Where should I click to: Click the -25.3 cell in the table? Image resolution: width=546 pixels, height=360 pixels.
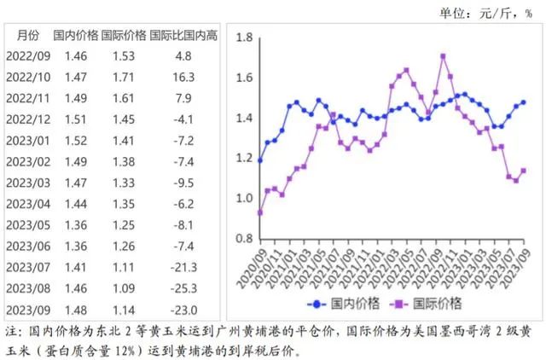(x=183, y=289)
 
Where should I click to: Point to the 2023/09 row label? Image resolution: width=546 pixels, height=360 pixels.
(x=28, y=310)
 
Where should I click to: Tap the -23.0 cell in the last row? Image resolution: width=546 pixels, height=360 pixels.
(x=183, y=310)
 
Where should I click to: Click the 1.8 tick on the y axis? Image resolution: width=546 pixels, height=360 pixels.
(x=243, y=38)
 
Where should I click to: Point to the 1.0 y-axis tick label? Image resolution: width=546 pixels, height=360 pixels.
(x=243, y=198)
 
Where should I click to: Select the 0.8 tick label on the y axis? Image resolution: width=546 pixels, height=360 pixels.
(x=243, y=238)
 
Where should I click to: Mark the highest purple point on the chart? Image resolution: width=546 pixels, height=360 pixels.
(x=444, y=56)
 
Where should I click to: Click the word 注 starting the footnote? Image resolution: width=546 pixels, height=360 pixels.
(x=11, y=331)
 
